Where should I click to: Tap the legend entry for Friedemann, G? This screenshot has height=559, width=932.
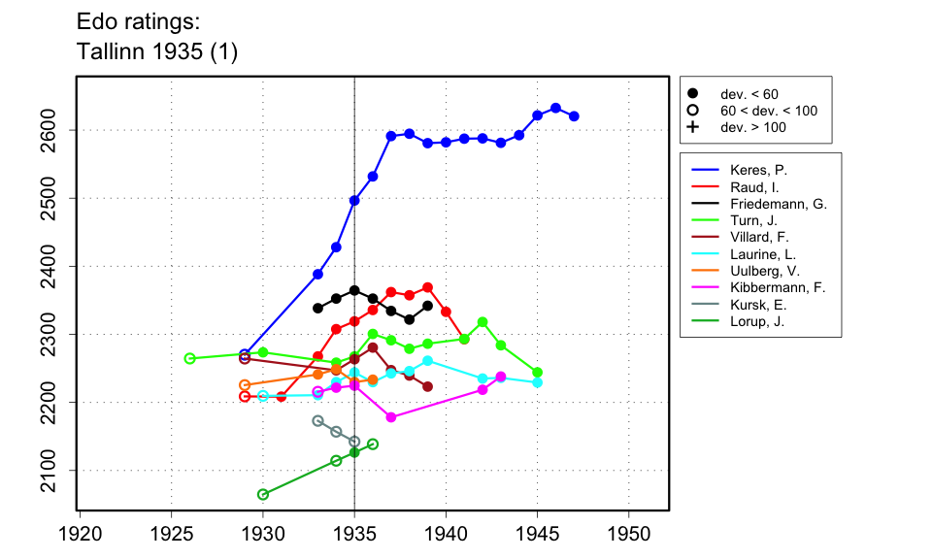pos(776,204)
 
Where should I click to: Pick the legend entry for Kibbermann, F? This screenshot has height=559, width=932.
pos(776,287)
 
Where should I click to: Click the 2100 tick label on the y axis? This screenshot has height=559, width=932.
pos(47,470)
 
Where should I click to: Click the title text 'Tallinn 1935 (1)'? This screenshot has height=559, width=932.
pos(156,53)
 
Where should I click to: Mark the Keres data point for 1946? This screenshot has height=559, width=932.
pos(555,108)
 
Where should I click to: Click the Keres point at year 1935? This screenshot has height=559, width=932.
pos(354,200)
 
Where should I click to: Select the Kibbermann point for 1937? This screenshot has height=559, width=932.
pos(391,417)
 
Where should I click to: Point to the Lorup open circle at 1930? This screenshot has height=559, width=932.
pos(263,494)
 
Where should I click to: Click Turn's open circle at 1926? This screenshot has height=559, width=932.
pos(189,358)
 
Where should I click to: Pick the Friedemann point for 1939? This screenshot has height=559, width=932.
pos(427,306)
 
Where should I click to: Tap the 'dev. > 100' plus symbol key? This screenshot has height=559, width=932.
pos(692,127)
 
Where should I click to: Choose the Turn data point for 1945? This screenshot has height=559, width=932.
pos(537,373)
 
